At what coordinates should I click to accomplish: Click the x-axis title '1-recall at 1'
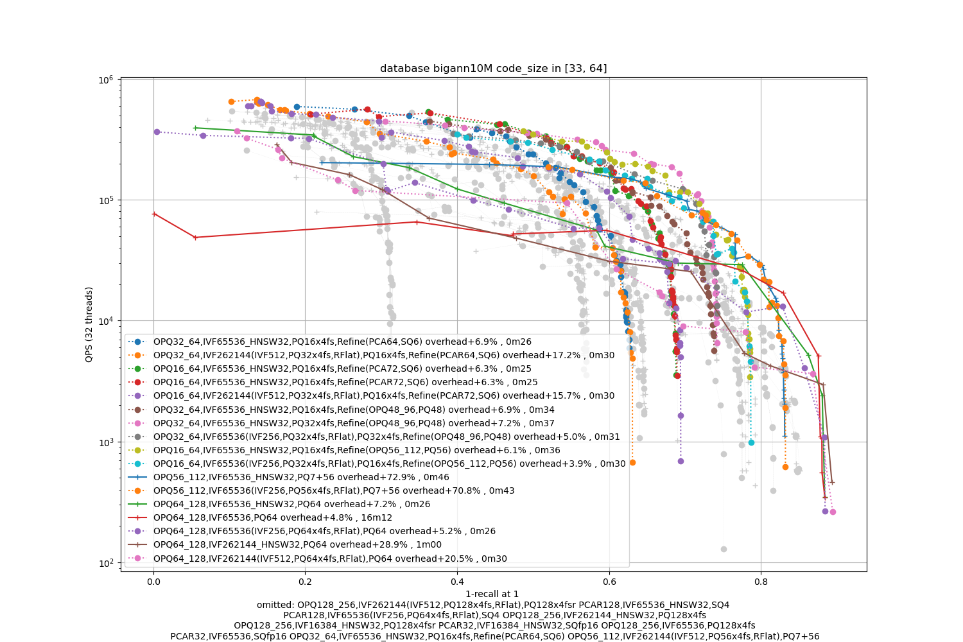click(492, 594)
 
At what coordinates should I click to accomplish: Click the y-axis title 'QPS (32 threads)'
click(89, 324)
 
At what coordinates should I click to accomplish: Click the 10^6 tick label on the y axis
click(105, 80)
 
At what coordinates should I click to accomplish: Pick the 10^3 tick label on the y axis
click(105, 442)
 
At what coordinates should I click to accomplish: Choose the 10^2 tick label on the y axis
click(105, 563)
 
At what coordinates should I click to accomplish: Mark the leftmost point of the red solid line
click(154, 214)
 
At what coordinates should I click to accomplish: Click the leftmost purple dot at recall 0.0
click(157, 132)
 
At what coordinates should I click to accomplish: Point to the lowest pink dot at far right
click(833, 512)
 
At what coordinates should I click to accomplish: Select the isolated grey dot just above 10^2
click(724, 549)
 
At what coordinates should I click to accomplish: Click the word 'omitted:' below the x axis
click(275, 605)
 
